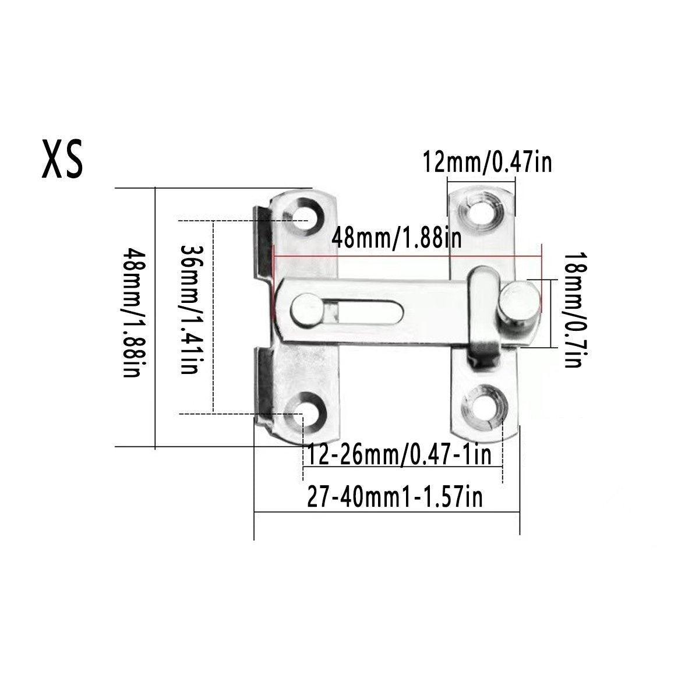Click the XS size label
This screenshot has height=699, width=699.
pos(63,158)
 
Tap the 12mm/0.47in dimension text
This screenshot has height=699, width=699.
pos(487,163)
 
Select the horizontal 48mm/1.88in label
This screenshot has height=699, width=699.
pos(397,238)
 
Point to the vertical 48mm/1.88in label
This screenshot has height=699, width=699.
pos(132,313)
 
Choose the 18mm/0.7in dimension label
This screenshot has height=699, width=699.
pos(573,310)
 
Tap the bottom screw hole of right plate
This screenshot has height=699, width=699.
pos(483,406)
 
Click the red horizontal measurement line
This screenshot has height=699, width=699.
pos(408,256)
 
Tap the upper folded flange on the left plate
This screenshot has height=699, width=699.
pos(263,245)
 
